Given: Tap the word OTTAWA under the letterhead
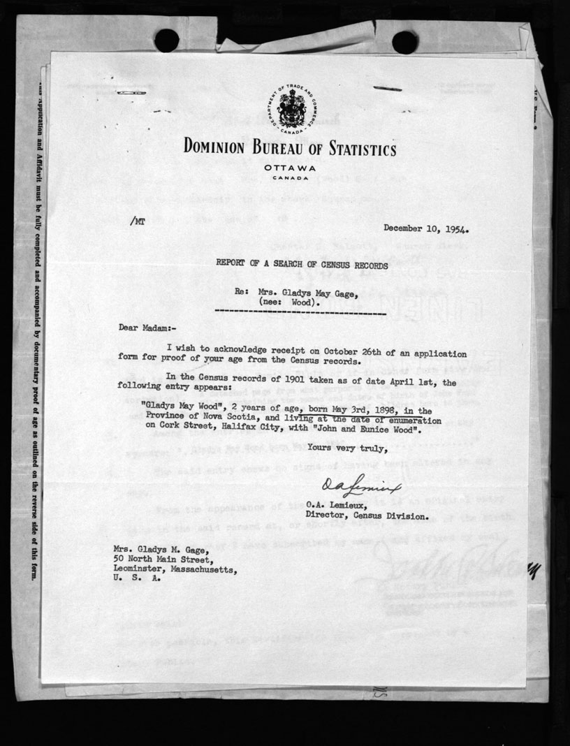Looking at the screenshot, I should point(291,168).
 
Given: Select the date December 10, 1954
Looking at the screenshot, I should point(425,228).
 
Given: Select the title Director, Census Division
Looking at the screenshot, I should point(377,516).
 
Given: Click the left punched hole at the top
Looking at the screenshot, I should point(166,41).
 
